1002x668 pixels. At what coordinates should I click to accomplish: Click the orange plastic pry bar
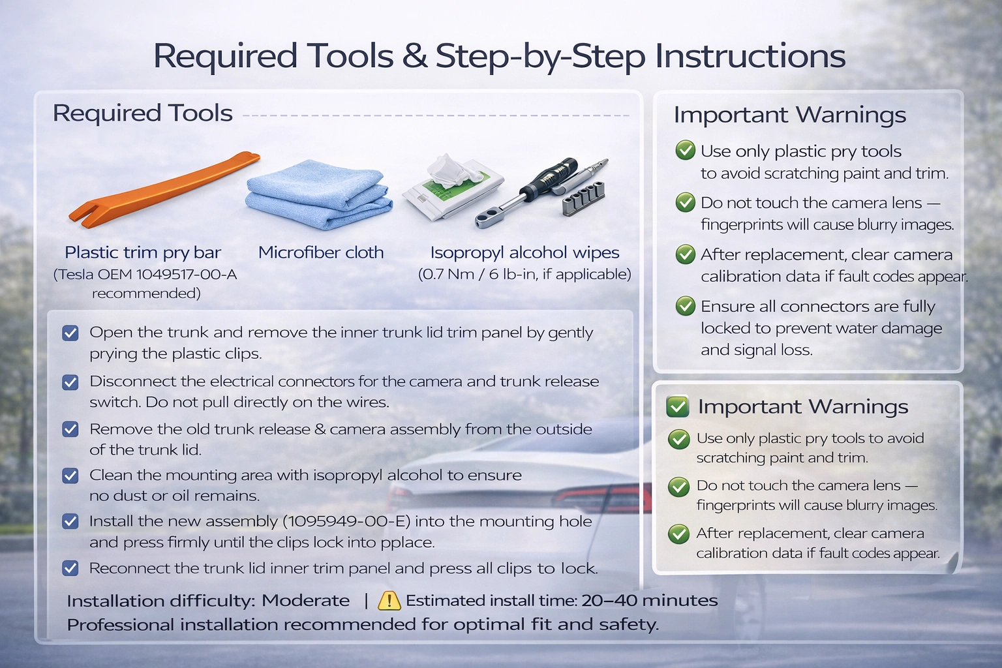click(x=163, y=190)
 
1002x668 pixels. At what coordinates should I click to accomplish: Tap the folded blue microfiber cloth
click(x=319, y=195)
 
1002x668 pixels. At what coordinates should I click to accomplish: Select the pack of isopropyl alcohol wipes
click(x=453, y=187)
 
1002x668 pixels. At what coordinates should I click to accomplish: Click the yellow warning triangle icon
click(x=389, y=600)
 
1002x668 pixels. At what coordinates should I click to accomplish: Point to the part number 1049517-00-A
click(x=186, y=274)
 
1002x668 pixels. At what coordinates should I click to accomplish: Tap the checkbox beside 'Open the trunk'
click(x=70, y=333)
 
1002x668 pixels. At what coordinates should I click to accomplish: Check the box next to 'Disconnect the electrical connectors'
click(x=70, y=382)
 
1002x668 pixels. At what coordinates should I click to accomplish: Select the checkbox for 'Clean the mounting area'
click(x=70, y=476)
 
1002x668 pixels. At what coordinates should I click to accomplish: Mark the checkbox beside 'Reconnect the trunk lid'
click(x=70, y=568)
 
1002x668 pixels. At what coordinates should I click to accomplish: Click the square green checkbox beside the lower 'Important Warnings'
click(x=677, y=406)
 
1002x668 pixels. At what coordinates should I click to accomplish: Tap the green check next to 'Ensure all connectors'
click(x=686, y=305)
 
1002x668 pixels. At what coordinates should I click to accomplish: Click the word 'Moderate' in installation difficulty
click(x=305, y=600)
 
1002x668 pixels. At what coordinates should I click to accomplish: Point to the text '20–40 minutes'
click(x=650, y=600)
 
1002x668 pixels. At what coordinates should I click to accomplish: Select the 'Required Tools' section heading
click(x=143, y=113)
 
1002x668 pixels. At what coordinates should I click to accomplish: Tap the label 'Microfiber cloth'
click(x=321, y=252)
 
